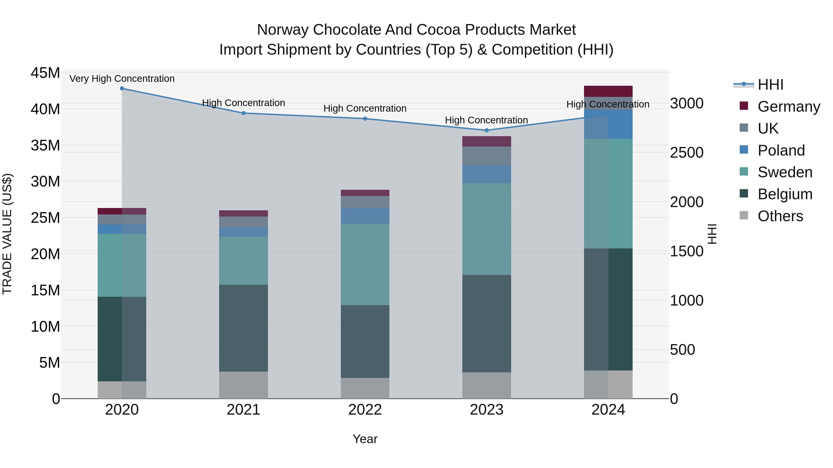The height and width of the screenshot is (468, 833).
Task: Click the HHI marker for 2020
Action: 122,89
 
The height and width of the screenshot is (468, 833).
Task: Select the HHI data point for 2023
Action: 487,131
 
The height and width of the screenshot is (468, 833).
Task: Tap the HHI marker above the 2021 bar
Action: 243,113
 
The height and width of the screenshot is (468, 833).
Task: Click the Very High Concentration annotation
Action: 122,79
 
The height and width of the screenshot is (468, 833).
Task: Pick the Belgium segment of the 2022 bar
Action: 365,341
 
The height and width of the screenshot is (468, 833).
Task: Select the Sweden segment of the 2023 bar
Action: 487,229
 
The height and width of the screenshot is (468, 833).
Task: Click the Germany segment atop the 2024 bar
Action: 608,91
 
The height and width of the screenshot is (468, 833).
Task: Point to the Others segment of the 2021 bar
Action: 243,385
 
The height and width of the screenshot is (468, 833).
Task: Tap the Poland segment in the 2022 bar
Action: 365,216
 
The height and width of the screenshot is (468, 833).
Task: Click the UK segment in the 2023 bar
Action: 487,156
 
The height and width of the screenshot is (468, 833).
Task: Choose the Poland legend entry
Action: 781,150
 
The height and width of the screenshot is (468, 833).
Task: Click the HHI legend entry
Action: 770,85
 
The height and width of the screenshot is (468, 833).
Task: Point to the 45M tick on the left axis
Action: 45,73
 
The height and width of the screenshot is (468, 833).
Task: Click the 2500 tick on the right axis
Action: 687,153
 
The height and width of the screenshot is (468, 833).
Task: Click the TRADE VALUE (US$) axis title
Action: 7,234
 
